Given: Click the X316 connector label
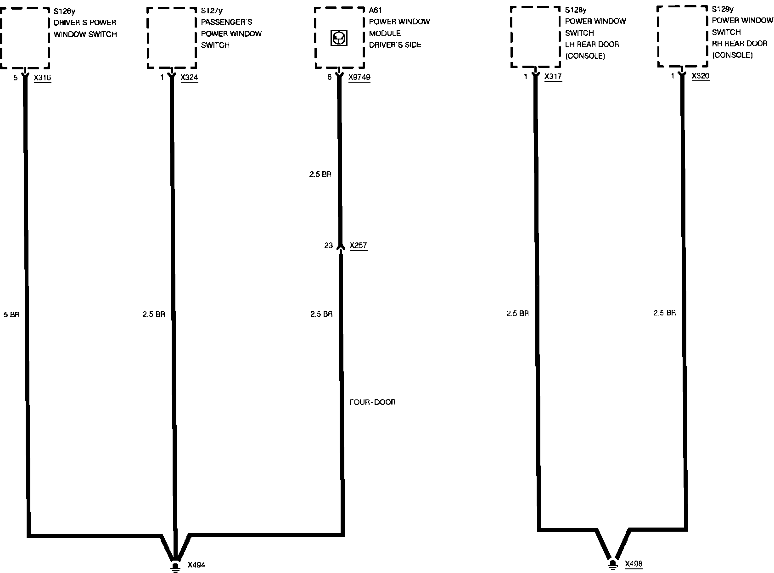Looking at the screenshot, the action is (42, 78).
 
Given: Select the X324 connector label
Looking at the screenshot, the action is (189, 78).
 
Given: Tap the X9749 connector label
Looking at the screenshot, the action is (359, 78).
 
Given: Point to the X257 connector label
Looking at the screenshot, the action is (358, 246).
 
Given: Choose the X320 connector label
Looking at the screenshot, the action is (700, 76).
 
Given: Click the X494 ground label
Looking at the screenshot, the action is (196, 565).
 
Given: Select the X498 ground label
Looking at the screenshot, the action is (634, 564).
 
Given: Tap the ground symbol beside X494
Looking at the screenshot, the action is (175, 566).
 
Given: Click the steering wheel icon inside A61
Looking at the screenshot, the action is (339, 38).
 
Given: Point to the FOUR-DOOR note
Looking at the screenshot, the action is (372, 402).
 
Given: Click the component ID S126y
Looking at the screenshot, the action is (64, 11).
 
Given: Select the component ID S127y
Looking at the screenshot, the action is (211, 11).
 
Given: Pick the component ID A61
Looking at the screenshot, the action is (375, 10).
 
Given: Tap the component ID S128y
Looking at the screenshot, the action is (575, 10).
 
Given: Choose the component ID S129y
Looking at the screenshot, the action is (723, 9).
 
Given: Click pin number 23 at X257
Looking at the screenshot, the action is (328, 246).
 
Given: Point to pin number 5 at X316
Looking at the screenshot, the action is (15, 78).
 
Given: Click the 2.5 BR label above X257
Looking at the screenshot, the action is (320, 175).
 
